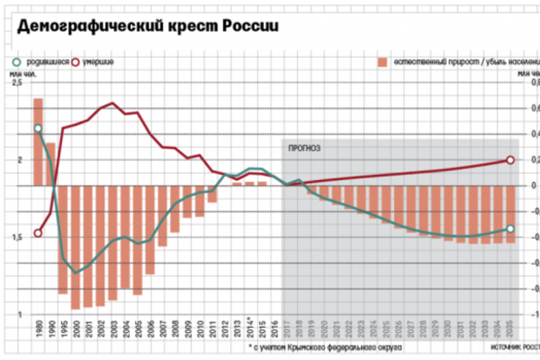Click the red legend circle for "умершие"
tap(80, 63)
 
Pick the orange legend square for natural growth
tap(383, 63)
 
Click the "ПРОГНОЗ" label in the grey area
tap(304, 148)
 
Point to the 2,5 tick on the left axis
tap(17, 82)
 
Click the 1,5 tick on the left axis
tap(17, 238)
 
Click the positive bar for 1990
tap(51, 163)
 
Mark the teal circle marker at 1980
tap(38, 129)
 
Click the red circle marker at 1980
tap(38, 233)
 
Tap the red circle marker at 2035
tap(510, 160)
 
